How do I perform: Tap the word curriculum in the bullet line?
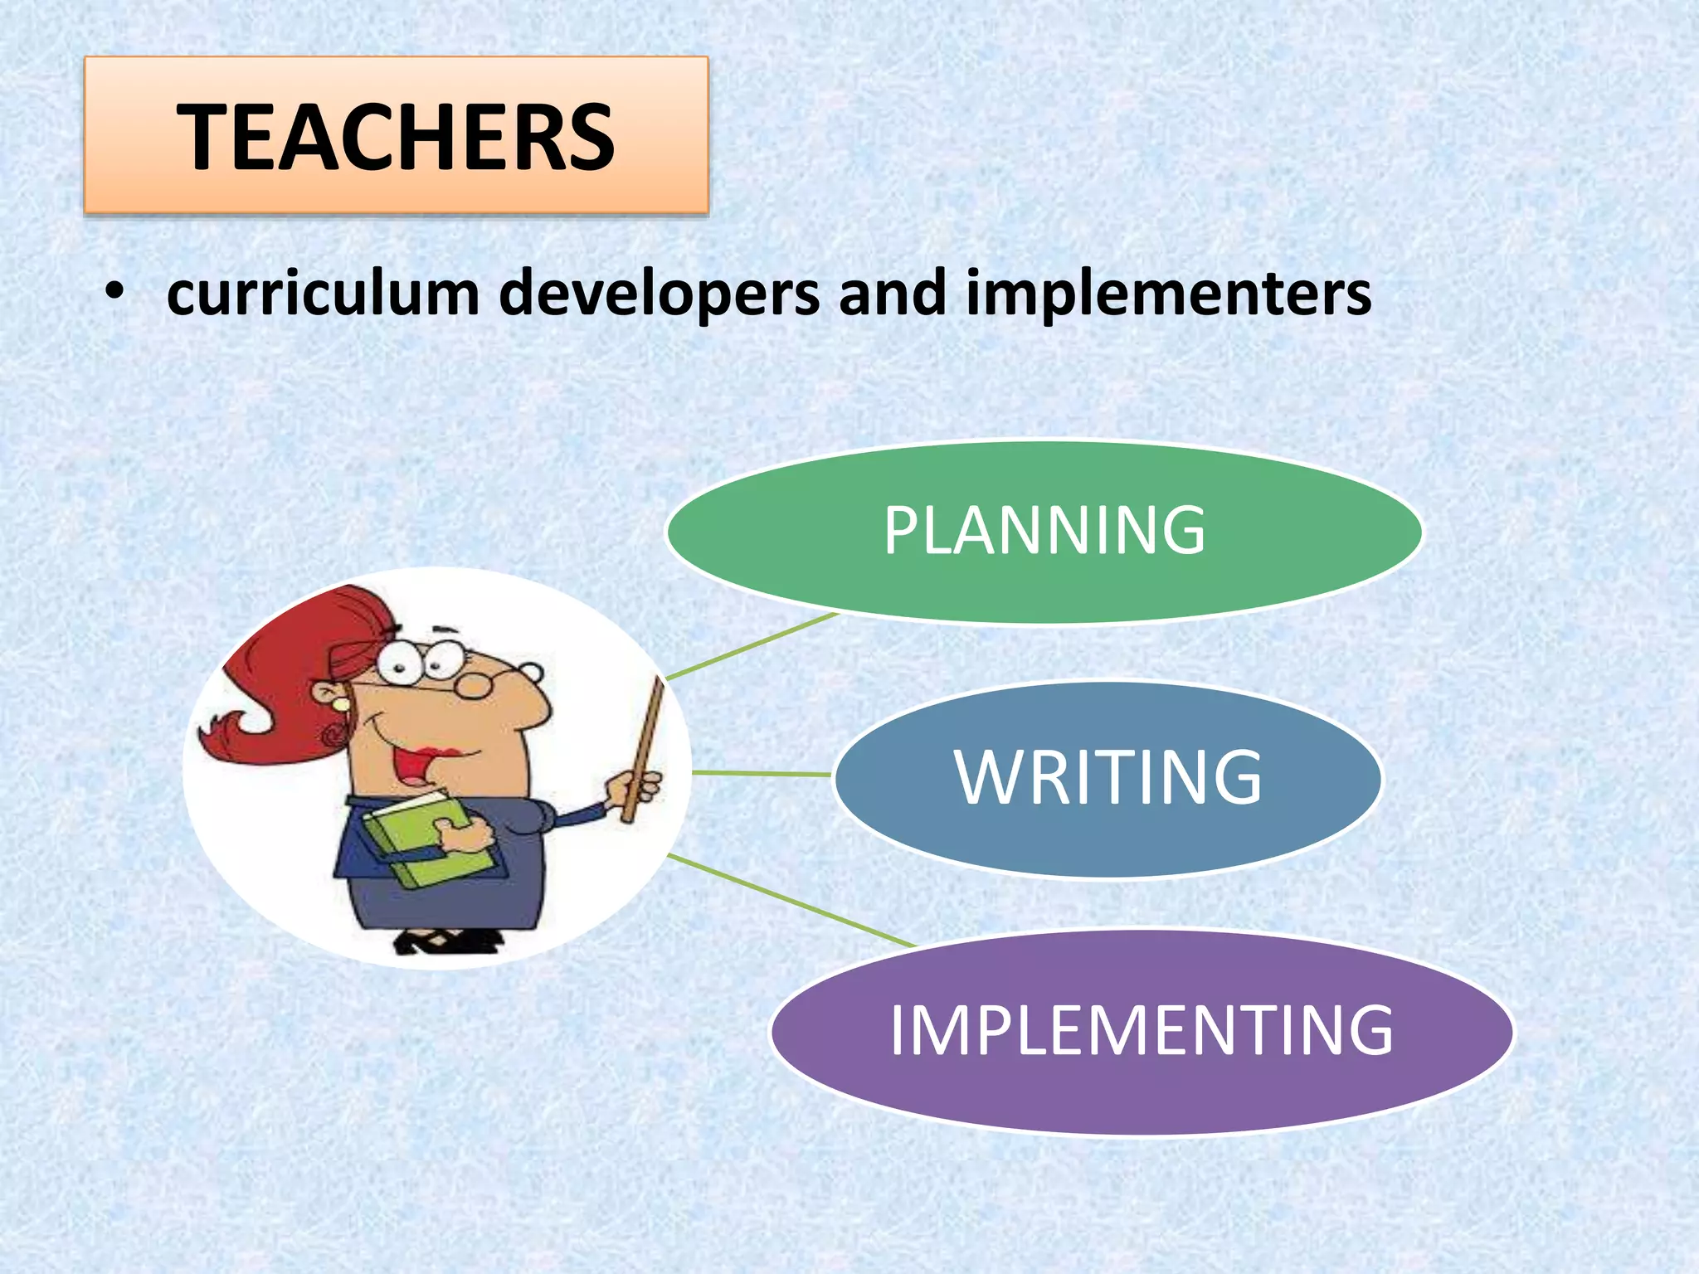tap(324, 294)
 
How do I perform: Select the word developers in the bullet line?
tap(659, 295)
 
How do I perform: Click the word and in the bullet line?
tap(892, 294)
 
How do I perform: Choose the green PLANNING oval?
tap(1044, 531)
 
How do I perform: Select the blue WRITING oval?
tap(1108, 778)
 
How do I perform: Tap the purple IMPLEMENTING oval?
tap(1142, 1031)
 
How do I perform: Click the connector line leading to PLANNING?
tap(751, 646)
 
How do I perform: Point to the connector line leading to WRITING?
tap(762, 774)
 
